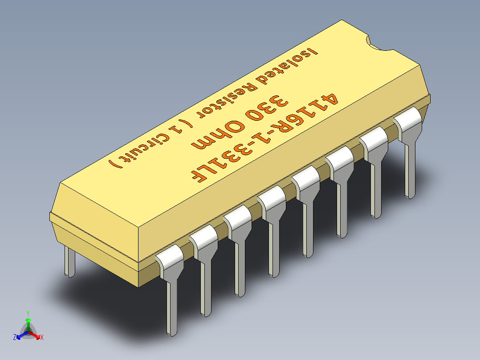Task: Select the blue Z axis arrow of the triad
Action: pyautogui.click(x=18, y=336)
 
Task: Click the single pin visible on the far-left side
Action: pyautogui.click(x=70, y=263)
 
